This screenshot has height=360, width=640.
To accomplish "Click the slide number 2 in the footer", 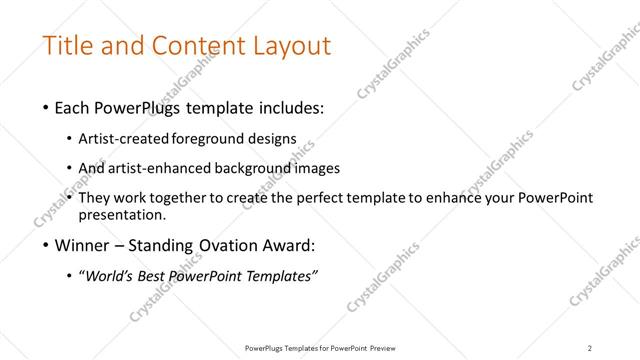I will [x=590, y=347].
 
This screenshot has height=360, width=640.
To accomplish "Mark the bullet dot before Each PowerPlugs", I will [x=48, y=107].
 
